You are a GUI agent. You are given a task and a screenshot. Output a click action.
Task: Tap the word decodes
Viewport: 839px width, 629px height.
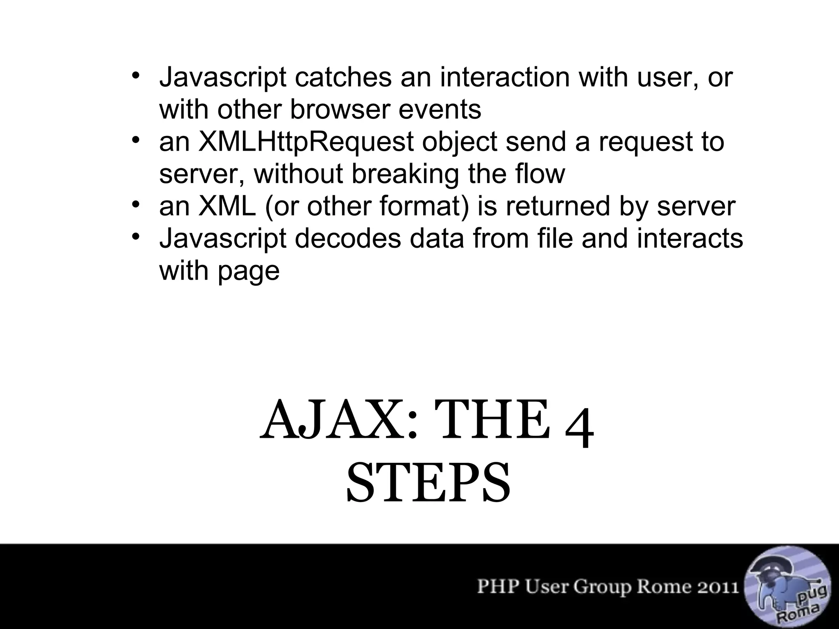348,238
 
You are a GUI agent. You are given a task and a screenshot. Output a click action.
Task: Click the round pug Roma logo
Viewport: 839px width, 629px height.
787,588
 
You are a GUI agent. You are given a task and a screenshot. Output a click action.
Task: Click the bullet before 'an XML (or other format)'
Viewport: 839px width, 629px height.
136,204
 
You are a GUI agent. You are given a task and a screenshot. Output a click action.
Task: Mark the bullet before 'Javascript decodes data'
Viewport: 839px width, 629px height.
136,237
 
